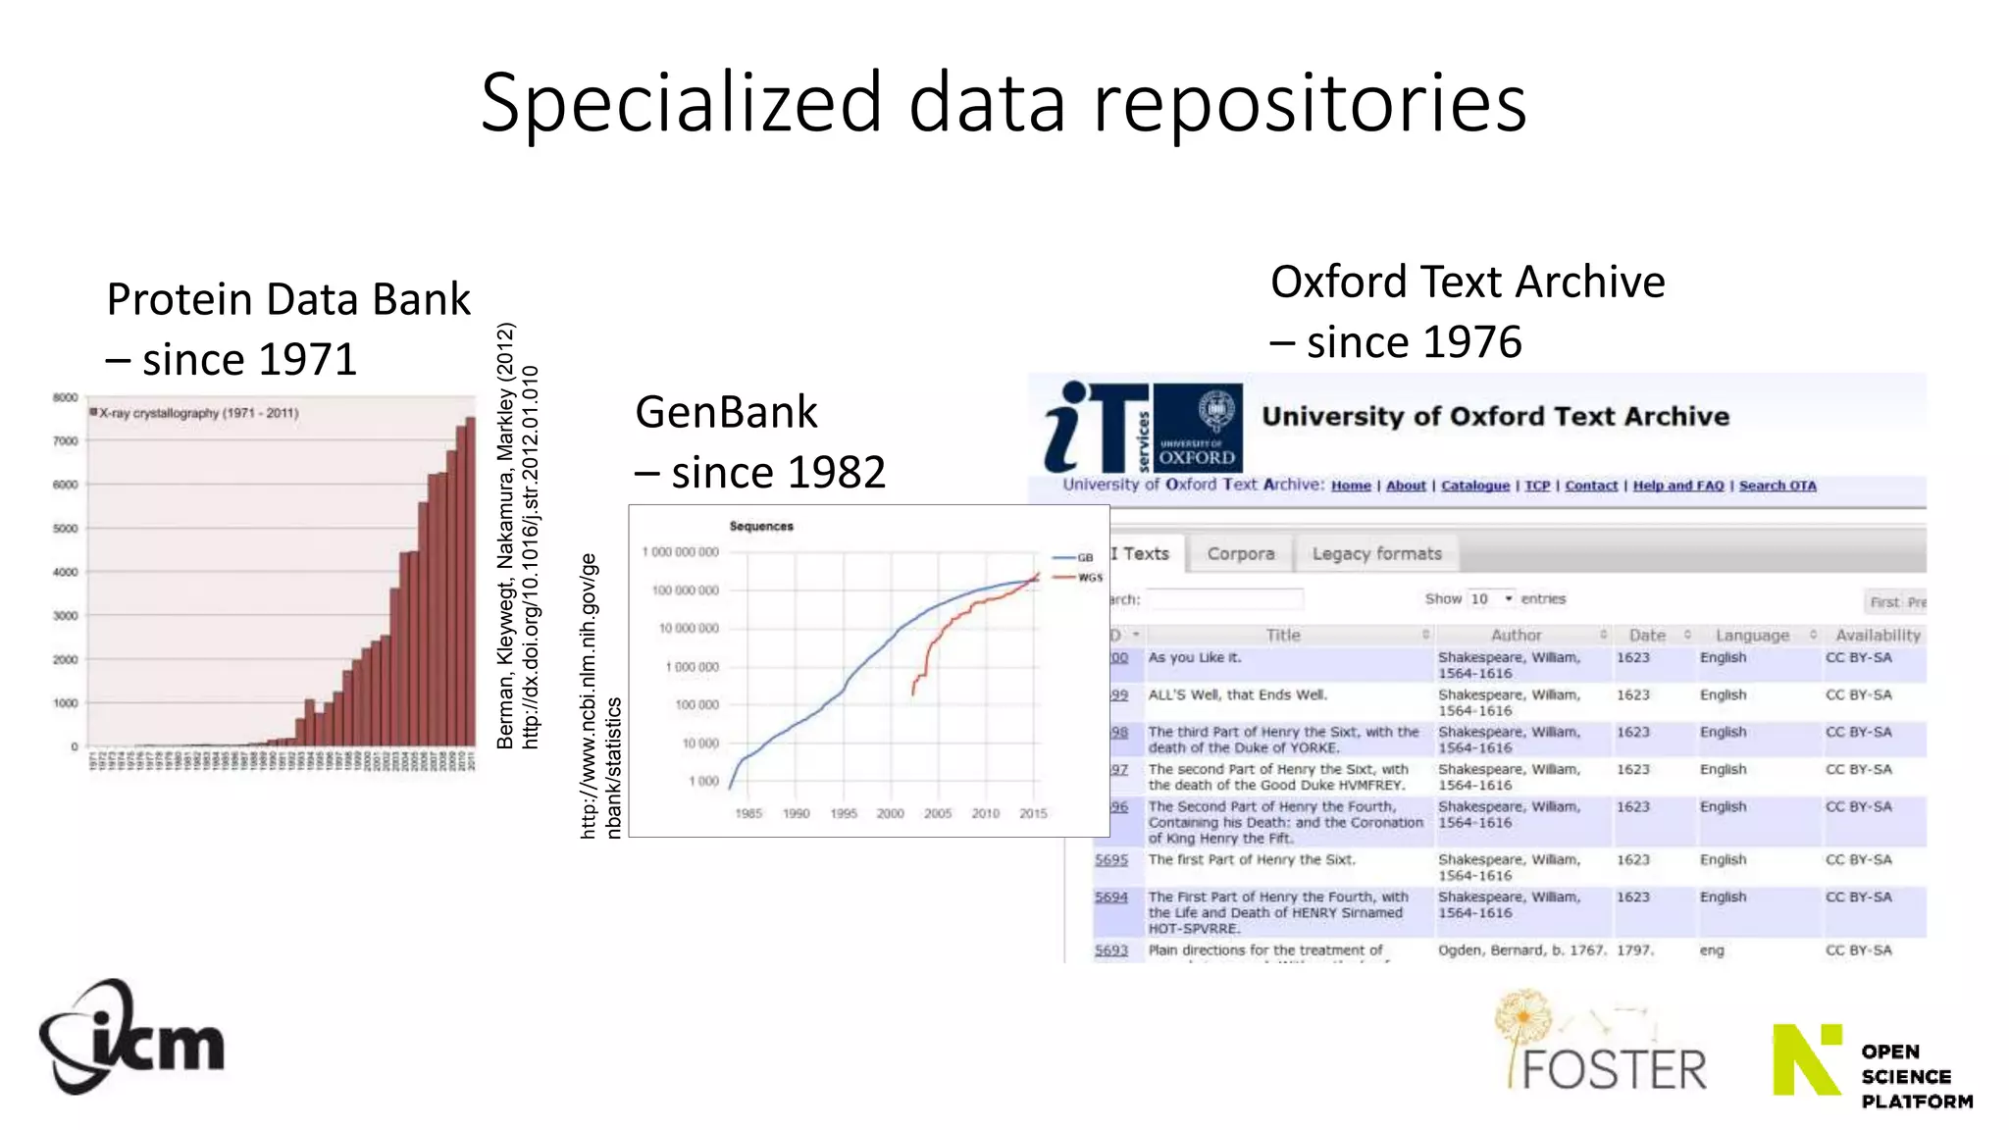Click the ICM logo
point(131,1038)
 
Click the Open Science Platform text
point(1915,1076)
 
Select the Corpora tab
point(1240,554)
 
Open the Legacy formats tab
point(1376,554)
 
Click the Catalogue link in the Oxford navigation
point(1474,486)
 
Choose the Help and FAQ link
point(1677,486)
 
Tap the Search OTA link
point(1777,486)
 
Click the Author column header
point(1516,636)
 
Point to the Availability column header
point(1878,636)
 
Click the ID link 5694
point(1111,898)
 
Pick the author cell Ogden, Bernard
point(1520,950)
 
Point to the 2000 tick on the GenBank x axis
point(890,813)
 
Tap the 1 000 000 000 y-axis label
point(680,552)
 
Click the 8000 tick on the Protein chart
point(65,398)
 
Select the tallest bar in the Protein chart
point(470,581)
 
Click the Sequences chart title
point(761,527)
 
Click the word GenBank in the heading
point(726,412)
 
